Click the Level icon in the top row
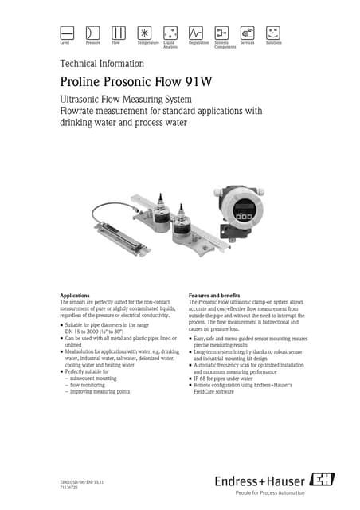click(x=68, y=33)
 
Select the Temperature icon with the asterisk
click(x=144, y=33)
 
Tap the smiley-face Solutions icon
click(x=273, y=33)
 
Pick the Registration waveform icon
click(x=196, y=33)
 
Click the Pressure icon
click(x=93, y=33)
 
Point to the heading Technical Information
click(x=102, y=64)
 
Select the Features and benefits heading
click(x=219, y=296)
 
